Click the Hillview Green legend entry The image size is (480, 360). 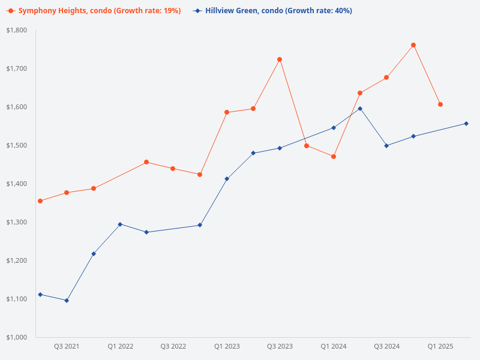273,11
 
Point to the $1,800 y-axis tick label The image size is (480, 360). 17,30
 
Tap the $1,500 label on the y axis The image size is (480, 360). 17,145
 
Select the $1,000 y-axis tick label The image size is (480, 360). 17,337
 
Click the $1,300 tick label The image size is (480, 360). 17,222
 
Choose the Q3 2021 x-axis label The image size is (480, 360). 67,346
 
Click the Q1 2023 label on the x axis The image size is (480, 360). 227,346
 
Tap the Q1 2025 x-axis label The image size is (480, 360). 440,346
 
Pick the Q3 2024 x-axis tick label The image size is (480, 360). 386,346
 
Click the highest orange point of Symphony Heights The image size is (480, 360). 413,45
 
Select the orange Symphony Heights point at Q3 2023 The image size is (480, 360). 280,59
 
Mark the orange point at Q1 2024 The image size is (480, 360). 334,157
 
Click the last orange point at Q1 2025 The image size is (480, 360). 440,104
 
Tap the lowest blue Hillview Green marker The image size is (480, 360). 67,301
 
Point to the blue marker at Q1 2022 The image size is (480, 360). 120,224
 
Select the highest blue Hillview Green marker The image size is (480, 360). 360,109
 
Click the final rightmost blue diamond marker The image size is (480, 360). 466,124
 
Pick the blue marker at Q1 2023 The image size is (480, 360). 227,179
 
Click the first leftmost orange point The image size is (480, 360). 40,201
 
